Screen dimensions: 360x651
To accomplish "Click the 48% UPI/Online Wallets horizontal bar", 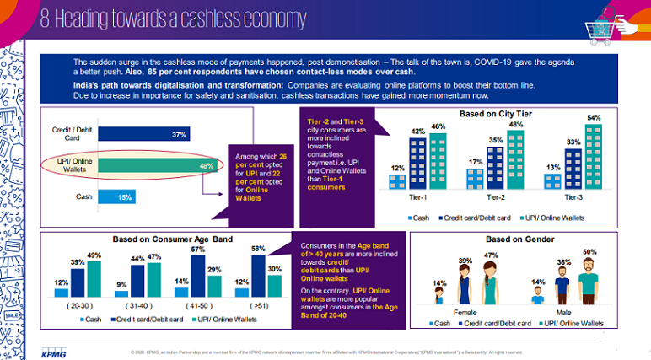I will point(153,165).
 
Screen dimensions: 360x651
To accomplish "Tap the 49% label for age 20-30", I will point(94,256).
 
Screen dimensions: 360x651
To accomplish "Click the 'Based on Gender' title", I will point(520,239).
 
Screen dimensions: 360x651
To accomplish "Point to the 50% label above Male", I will point(589,252).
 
